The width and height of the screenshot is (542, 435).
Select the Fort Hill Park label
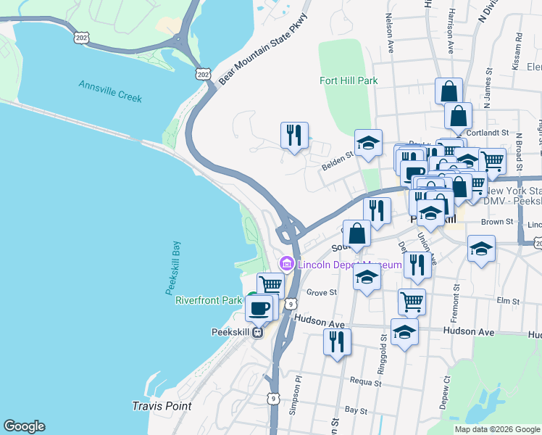[x=349, y=81]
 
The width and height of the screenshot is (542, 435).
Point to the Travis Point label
[x=162, y=406]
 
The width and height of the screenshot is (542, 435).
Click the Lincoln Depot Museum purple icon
[x=286, y=265]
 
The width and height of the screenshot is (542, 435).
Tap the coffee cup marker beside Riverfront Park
[x=259, y=309]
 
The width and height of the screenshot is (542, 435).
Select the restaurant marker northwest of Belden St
[x=294, y=136]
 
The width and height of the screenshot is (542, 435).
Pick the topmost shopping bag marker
[x=449, y=92]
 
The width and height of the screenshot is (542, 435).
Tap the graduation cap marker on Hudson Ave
[x=404, y=332]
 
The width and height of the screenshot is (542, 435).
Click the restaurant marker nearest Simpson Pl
[x=337, y=341]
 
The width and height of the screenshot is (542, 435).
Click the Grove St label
[x=322, y=293]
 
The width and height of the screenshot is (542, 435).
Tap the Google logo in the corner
[x=25, y=426]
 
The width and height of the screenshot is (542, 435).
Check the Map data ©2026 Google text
[x=496, y=429]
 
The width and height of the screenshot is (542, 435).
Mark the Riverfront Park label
[x=208, y=300]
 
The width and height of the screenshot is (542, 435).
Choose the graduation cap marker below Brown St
[x=481, y=250]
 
